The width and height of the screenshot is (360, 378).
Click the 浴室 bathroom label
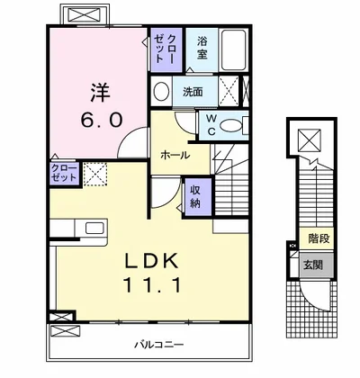[x=202, y=47]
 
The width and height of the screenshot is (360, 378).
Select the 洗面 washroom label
[x=193, y=92]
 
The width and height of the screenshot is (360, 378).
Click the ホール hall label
[x=174, y=155]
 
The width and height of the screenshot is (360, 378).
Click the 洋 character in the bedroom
[x=99, y=92]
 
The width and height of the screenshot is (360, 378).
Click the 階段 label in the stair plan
[x=317, y=240]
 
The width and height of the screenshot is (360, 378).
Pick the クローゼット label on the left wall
[x=39, y=174]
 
